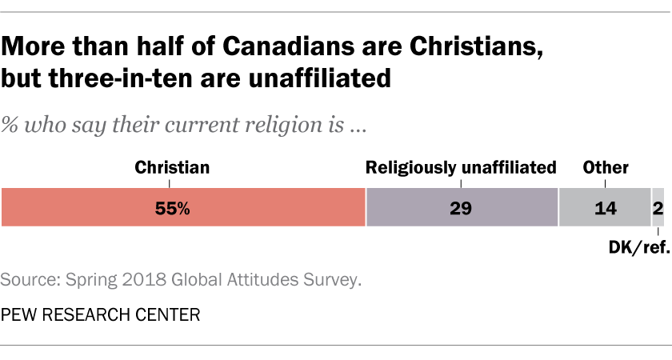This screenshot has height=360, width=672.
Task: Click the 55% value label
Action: click(172, 209)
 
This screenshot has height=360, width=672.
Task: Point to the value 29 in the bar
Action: click(461, 209)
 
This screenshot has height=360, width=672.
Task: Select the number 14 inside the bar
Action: click(605, 209)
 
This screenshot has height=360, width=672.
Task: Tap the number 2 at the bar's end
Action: click(658, 209)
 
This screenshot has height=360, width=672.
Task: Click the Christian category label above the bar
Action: click(172, 168)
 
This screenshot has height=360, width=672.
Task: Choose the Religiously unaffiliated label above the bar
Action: click(461, 168)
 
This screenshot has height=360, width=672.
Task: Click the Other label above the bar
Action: click(606, 168)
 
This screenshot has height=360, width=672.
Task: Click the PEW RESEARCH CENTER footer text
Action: click(100, 314)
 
